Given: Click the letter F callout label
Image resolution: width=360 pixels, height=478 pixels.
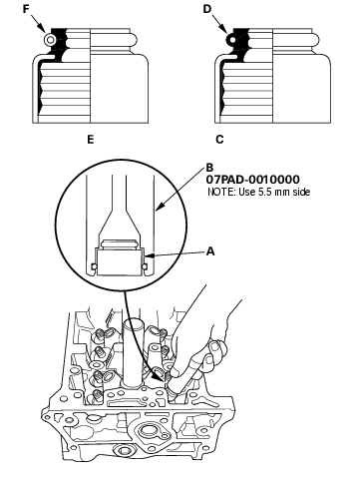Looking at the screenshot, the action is click(x=26, y=9).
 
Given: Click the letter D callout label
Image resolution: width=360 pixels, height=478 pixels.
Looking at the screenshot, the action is click(x=207, y=9).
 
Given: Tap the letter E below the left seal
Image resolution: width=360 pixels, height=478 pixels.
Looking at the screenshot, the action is click(x=91, y=140).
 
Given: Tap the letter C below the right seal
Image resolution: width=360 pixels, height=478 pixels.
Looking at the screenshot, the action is click(x=219, y=140).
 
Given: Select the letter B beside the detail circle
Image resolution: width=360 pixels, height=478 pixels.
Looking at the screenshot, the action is click(x=209, y=168).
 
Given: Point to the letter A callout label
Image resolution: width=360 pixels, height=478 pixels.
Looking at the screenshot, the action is click(x=210, y=251).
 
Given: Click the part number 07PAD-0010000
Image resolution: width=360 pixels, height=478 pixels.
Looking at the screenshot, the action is click(x=252, y=180).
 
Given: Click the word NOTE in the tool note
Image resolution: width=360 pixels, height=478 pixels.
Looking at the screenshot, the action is click(x=218, y=192).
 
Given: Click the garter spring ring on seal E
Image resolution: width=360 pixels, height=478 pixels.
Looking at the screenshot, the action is click(x=50, y=40).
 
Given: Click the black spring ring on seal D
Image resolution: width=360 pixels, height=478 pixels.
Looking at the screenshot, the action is click(x=232, y=40).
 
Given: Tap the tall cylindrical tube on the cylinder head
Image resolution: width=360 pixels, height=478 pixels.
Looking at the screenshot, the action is click(x=135, y=353).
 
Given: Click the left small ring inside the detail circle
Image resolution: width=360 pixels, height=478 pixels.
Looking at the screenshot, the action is click(x=94, y=266).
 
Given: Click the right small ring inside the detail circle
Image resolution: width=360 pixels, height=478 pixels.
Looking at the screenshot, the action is click(x=145, y=266).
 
